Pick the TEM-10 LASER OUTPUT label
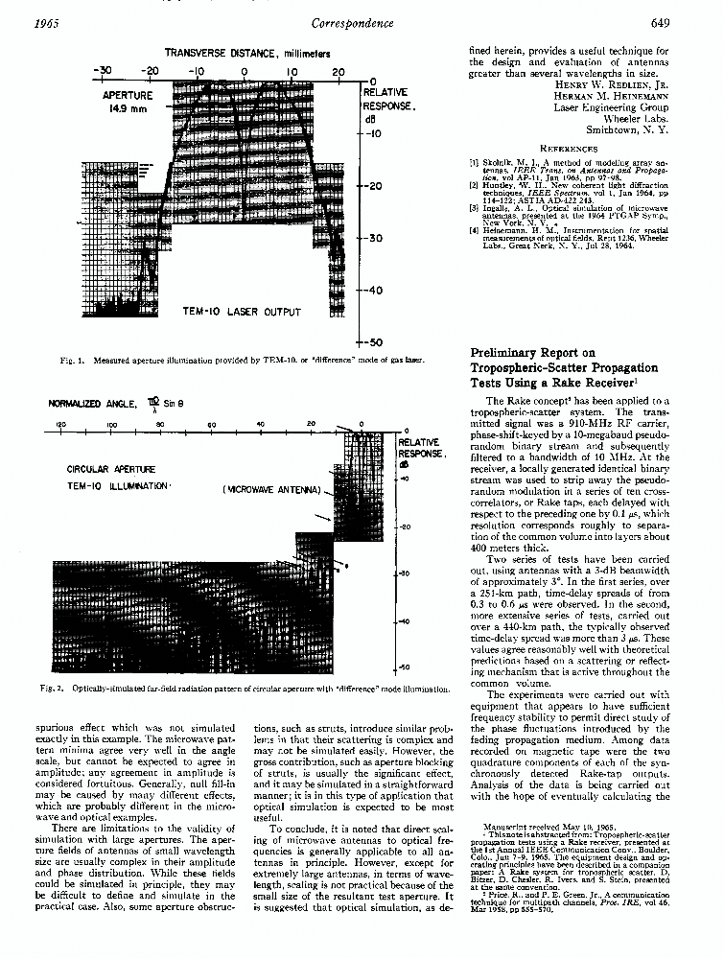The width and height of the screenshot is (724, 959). pos(242,312)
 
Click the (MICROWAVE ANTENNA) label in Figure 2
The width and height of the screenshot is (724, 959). pos(270,490)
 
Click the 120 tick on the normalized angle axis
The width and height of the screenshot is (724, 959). pos(60,423)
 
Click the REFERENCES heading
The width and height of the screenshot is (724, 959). pos(569,150)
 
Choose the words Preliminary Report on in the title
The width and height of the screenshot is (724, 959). pos(537,353)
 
